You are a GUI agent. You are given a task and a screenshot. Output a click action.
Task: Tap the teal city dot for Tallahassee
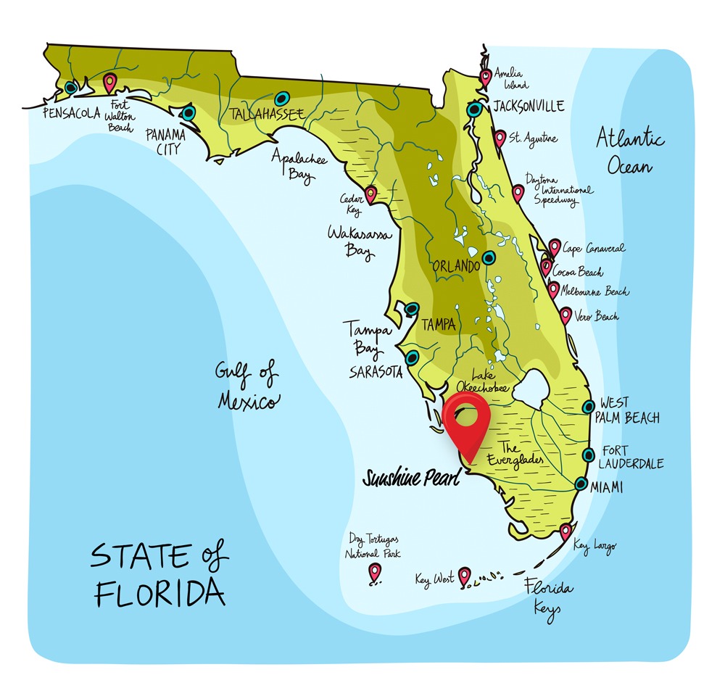[x=281, y=96]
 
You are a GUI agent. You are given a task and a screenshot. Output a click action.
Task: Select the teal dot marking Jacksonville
[x=474, y=109]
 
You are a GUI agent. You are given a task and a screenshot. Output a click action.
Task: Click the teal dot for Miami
[x=581, y=484]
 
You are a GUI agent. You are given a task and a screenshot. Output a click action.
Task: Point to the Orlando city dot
[x=489, y=257]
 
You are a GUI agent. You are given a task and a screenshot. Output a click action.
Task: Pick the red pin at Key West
[x=465, y=576]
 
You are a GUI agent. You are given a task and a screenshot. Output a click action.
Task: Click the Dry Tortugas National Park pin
[x=374, y=572]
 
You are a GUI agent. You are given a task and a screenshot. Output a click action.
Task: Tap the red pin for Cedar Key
[x=370, y=194]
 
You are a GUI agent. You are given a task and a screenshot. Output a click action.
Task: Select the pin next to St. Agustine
[x=500, y=138]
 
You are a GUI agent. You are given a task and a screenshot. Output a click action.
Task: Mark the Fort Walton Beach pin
[x=109, y=83]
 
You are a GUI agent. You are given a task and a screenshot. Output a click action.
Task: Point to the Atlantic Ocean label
[x=629, y=151]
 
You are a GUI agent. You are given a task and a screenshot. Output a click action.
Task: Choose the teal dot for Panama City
[x=188, y=113]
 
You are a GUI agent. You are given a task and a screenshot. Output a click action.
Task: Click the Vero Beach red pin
[x=565, y=315]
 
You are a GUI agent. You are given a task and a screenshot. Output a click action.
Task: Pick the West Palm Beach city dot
[x=589, y=407]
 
